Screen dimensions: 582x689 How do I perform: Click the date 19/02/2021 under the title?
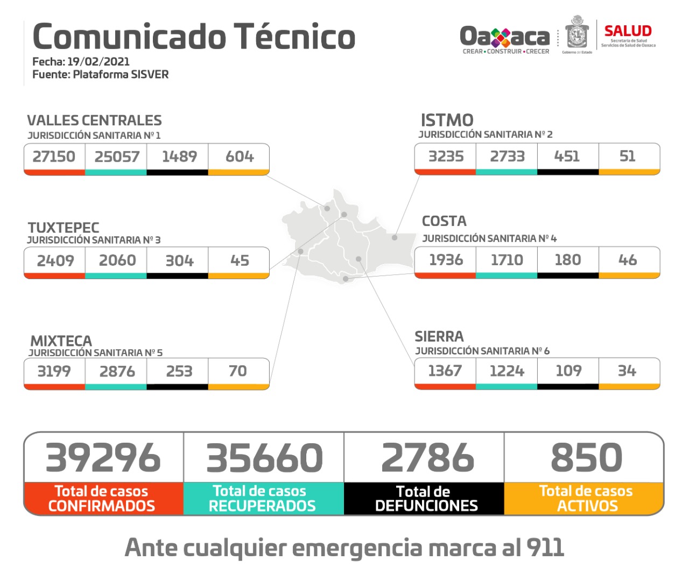click(x=99, y=61)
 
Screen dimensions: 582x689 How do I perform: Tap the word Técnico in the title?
click(x=294, y=37)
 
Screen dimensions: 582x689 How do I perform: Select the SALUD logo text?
click(x=628, y=31)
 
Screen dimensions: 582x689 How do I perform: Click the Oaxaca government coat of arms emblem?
click(x=576, y=33)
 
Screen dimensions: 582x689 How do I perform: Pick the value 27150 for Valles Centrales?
click(x=54, y=157)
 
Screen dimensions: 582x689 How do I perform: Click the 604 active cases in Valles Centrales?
click(x=240, y=157)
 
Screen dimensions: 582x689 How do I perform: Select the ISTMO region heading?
click(x=447, y=120)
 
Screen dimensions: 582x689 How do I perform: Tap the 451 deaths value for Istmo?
click(x=567, y=156)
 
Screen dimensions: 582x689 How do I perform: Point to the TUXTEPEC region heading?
click(x=64, y=228)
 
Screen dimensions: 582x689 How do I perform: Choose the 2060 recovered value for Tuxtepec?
click(x=117, y=260)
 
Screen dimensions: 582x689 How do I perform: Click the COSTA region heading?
click(x=444, y=221)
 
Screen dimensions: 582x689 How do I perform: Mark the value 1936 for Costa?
click(x=446, y=260)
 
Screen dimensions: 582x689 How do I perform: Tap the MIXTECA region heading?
click(x=61, y=341)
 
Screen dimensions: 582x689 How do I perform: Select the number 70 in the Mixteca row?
click(x=237, y=371)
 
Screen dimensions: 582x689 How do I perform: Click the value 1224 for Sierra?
click(x=507, y=371)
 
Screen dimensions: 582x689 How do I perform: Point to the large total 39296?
click(x=103, y=458)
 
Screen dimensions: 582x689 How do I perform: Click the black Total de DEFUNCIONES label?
click(x=426, y=499)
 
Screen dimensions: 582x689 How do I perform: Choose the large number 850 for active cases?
click(x=586, y=458)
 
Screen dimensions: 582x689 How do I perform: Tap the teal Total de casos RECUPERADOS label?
click(x=262, y=499)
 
